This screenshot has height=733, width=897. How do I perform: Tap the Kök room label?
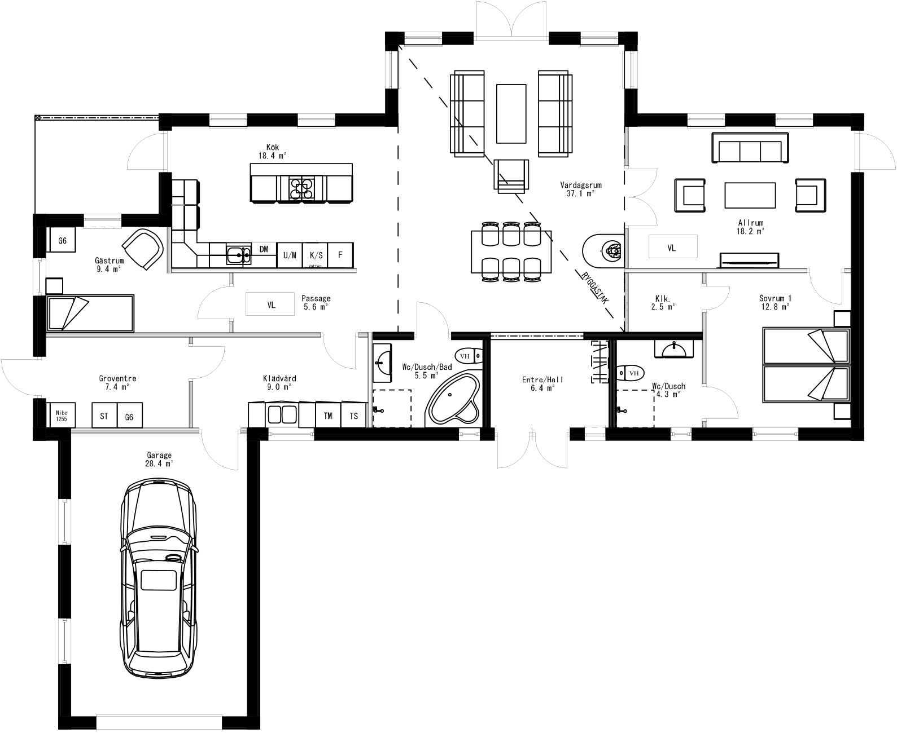(x=273, y=151)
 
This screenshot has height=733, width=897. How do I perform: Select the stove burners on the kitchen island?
(x=302, y=189)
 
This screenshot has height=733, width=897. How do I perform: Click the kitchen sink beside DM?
(x=239, y=255)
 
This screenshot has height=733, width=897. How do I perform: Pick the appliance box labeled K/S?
(x=316, y=255)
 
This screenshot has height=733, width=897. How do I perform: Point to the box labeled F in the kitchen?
(x=340, y=255)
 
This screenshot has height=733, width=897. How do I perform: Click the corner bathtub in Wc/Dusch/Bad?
(x=453, y=399)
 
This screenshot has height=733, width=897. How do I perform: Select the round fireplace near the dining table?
(x=603, y=250)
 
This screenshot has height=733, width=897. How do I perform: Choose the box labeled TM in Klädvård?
(x=328, y=416)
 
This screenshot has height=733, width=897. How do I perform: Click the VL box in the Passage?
(x=271, y=304)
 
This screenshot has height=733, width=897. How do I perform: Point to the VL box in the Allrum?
(x=672, y=247)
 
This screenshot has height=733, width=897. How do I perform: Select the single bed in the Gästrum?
(x=90, y=313)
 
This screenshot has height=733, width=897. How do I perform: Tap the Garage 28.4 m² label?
(x=159, y=459)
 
